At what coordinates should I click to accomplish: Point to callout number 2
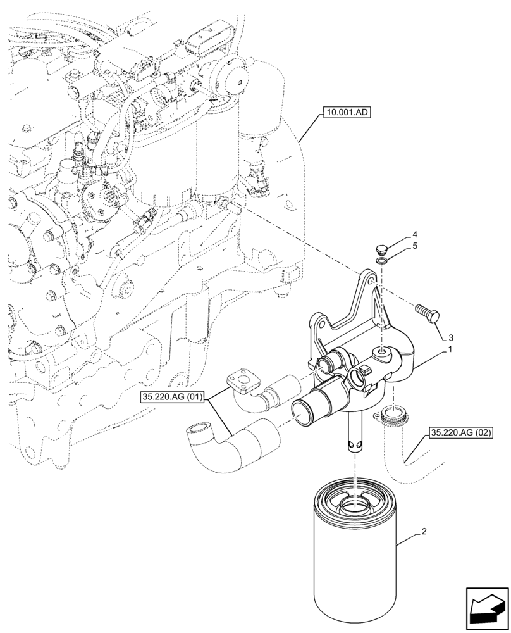pos(424,532)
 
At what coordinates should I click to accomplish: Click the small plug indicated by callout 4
pos(381,248)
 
